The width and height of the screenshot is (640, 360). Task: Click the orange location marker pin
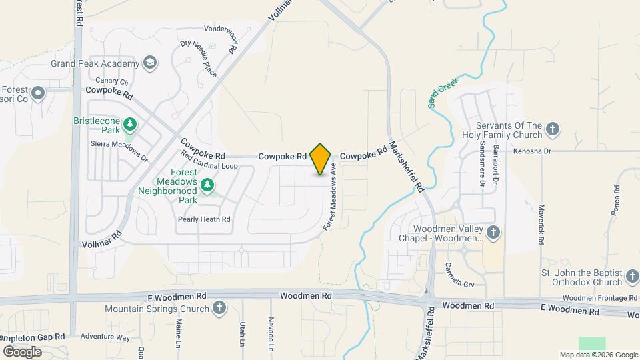coord(321,159)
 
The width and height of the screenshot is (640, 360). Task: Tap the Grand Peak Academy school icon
coord(151,63)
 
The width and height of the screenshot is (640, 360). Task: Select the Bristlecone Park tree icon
coord(131,124)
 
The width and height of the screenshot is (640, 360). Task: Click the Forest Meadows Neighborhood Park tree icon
coord(209,183)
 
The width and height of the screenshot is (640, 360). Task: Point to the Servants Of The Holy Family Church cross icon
coord(552,128)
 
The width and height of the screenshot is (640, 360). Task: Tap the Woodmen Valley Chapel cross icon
coord(493,232)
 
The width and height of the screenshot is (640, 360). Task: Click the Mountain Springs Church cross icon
coord(219,308)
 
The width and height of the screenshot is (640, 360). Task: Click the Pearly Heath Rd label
coord(204,219)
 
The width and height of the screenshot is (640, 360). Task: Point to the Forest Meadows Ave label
coord(329,199)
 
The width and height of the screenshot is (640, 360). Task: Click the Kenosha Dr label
coord(532,151)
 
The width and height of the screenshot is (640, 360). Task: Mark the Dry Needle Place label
coord(199,58)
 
